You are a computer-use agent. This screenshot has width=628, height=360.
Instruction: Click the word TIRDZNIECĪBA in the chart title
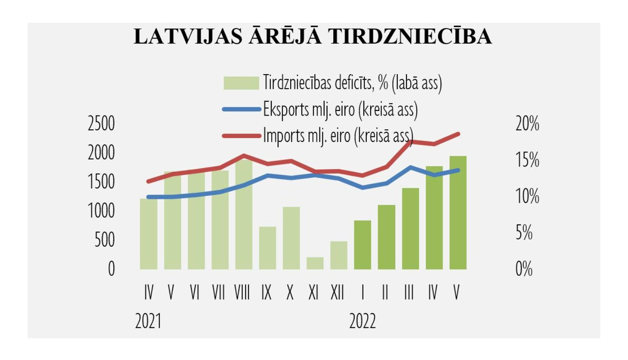coord(410,36)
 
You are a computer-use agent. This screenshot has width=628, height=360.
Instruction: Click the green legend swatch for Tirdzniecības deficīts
coord(241,83)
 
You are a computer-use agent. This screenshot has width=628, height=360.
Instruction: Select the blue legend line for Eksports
coord(241,109)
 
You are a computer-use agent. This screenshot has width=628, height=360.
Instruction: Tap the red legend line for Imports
coord(241,136)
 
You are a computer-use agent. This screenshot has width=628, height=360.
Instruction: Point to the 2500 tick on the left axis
coord(101,124)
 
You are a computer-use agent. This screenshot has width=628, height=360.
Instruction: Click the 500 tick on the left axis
coord(104,240)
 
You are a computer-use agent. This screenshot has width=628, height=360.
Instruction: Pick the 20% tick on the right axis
coord(527,124)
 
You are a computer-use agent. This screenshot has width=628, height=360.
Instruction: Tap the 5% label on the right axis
coord(524,233)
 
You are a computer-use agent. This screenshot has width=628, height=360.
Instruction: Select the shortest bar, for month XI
coord(315,263)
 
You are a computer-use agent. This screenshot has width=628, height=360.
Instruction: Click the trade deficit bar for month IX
coord(268,248)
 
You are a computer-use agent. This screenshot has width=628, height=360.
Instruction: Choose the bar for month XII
coord(339,255)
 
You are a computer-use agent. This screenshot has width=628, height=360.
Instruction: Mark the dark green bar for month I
coord(363,245)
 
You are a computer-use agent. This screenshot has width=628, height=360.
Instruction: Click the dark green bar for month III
coord(410,229)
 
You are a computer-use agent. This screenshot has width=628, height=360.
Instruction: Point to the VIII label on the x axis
coord(242,293)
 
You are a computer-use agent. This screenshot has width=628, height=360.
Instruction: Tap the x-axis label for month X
coord(290,293)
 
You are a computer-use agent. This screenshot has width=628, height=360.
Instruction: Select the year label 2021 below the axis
coord(148,321)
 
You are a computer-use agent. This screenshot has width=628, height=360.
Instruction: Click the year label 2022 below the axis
coord(363,321)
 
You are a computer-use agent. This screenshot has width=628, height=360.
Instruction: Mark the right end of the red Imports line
coord(458,134)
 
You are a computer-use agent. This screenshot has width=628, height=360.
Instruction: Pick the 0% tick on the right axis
coord(524,269)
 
